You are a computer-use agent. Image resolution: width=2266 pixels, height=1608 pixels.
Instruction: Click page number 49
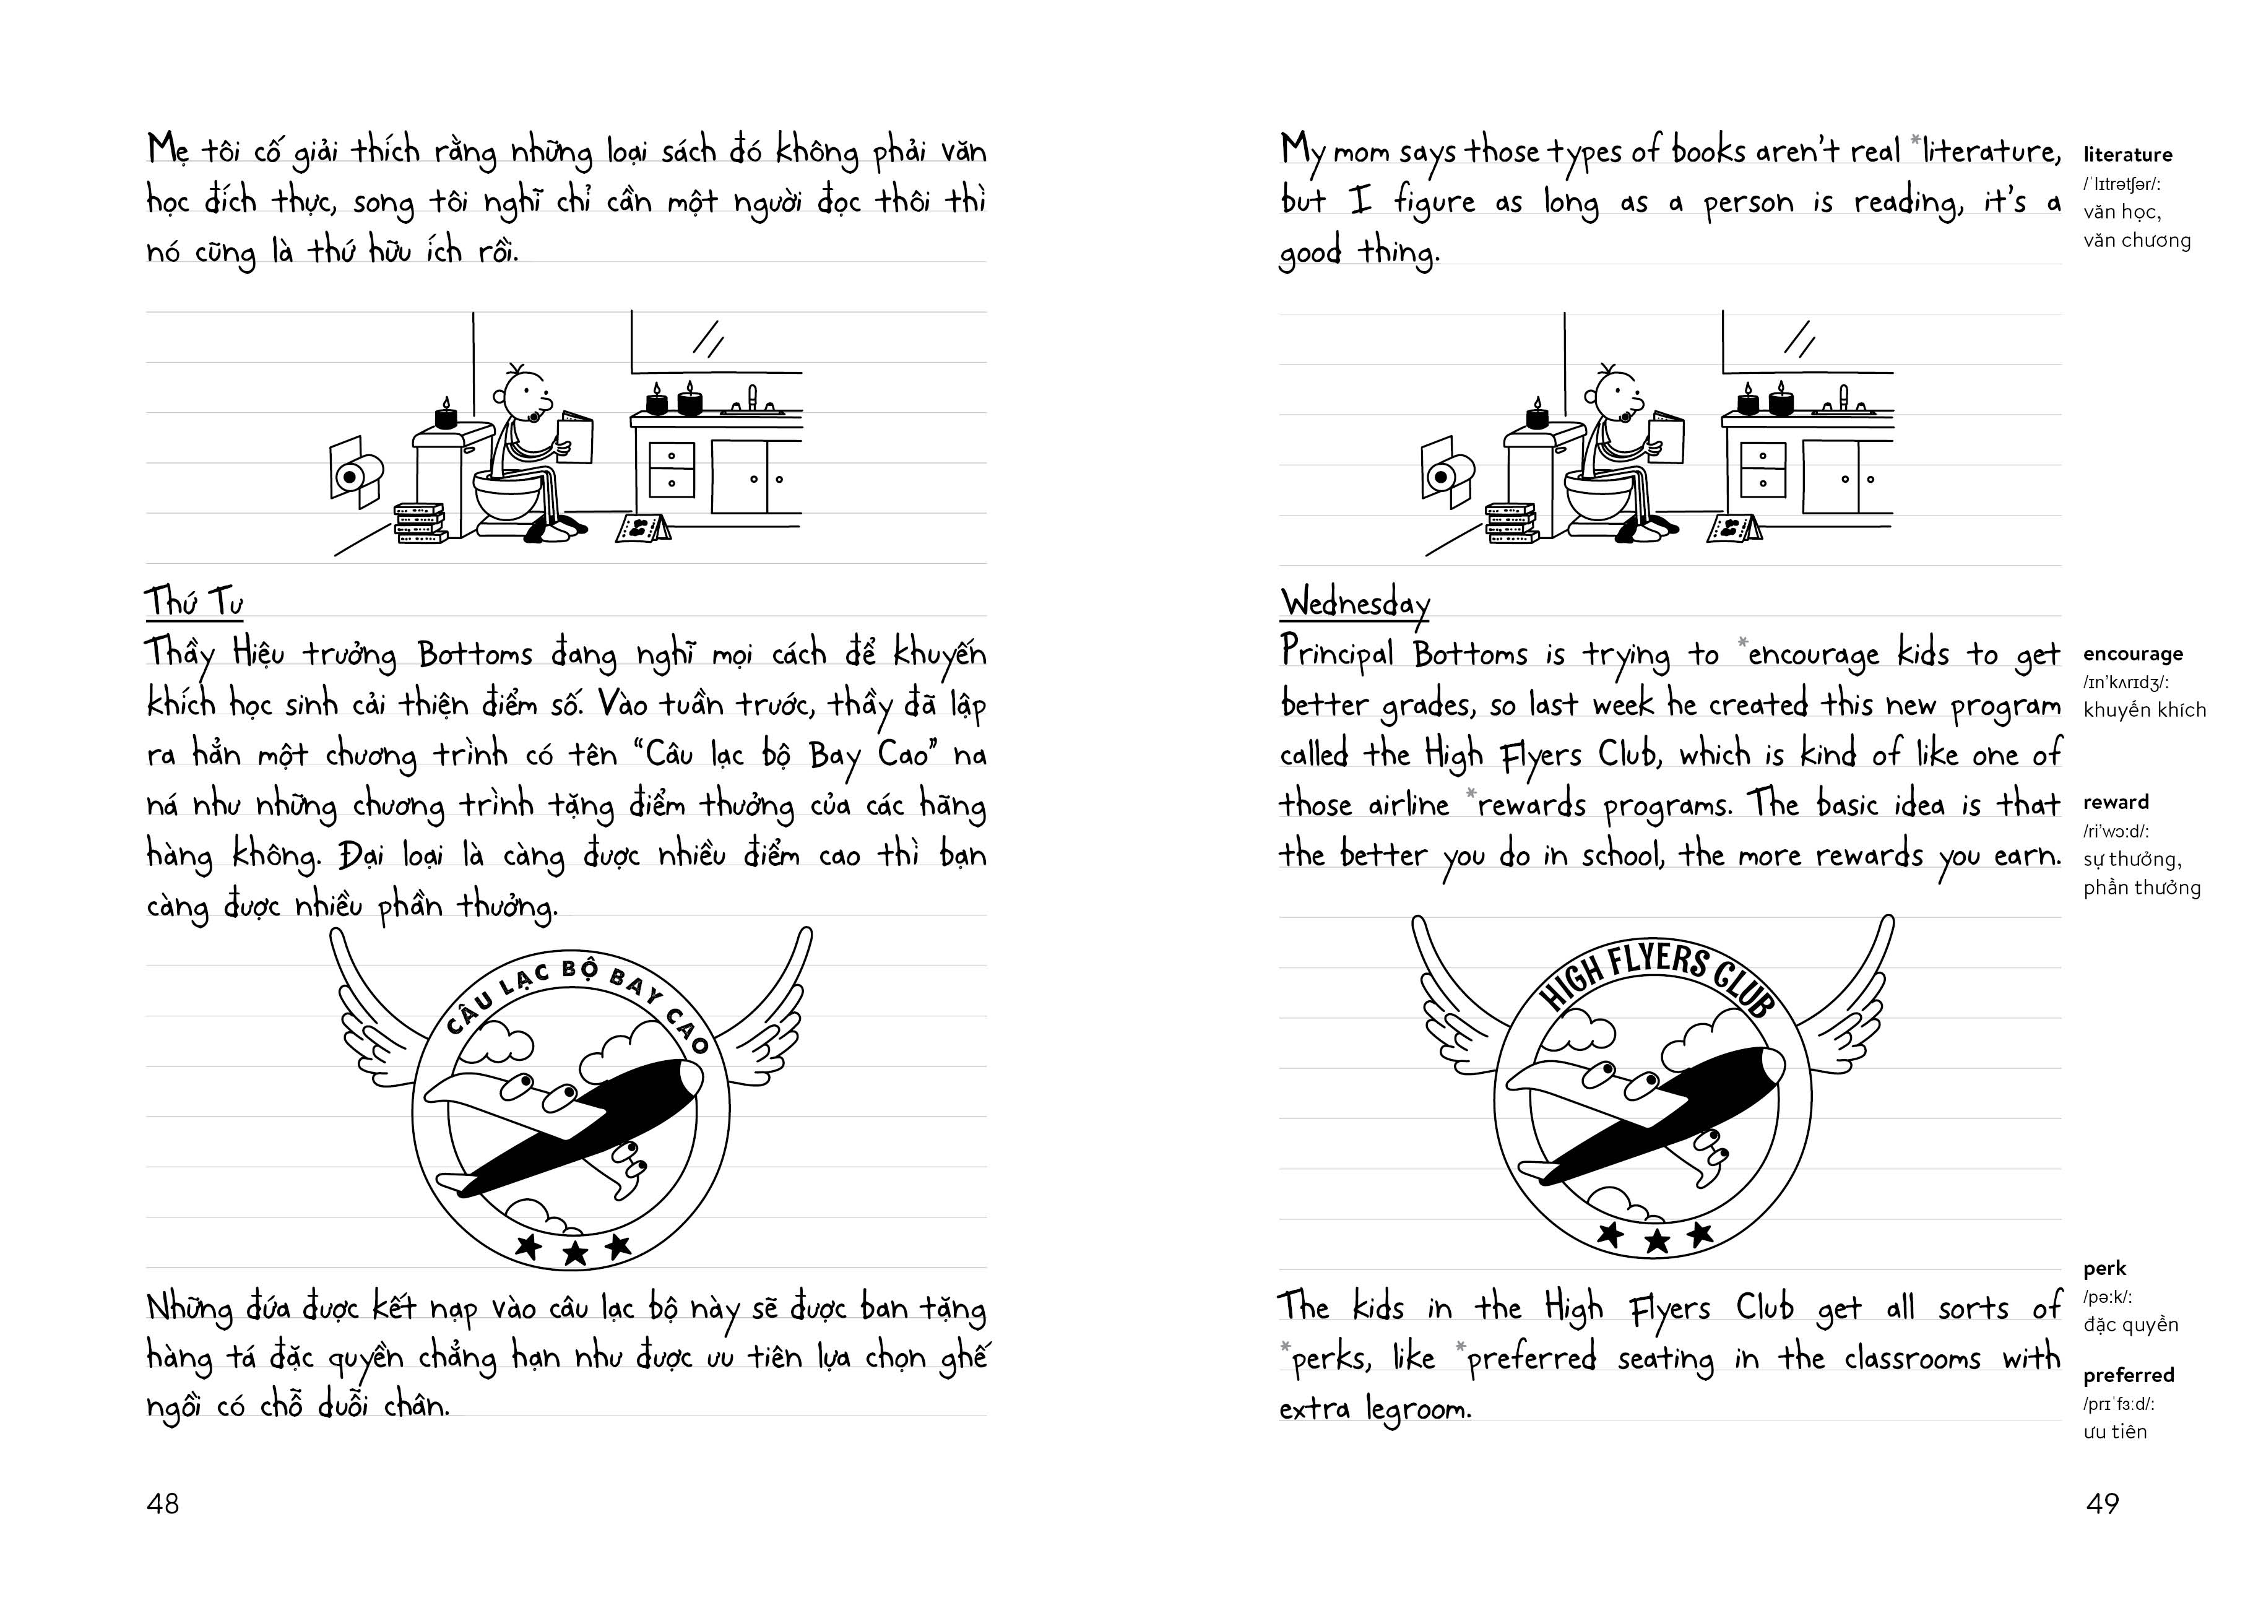(x=2102, y=1504)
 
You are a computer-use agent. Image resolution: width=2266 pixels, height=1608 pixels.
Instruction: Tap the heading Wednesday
(x=1354, y=602)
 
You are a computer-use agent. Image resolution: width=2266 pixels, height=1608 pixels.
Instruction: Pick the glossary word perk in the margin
(x=2104, y=1268)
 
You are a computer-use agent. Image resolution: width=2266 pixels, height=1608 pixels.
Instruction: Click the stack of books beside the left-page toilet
(x=420, y=523)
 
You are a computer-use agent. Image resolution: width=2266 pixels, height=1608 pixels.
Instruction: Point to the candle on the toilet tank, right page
(x=1536, y=415)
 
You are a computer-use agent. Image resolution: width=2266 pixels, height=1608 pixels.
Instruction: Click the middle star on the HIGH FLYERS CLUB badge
(x=1657, y=1240)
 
